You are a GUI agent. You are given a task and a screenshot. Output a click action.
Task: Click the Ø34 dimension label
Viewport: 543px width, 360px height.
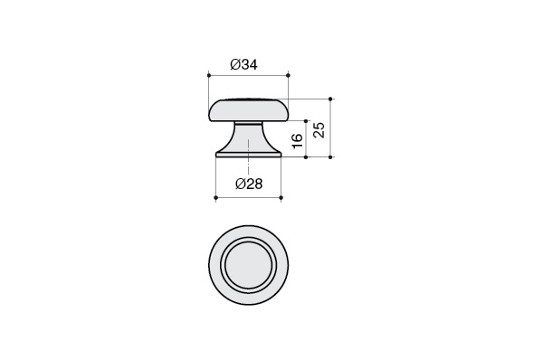click(x=244, y=64)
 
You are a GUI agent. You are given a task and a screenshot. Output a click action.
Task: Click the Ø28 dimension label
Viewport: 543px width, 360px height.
click(x=249, y=184)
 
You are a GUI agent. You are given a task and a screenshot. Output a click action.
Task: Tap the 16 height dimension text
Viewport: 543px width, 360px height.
click(x=298, y=140)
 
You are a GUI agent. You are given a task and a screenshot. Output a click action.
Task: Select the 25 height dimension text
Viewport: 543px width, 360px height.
click(x=319, y=130)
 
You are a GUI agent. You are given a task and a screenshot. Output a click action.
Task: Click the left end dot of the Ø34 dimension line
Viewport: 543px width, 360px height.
click(x=209, y=75)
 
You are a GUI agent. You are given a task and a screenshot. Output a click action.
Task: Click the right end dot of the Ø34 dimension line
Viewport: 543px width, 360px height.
click(x=289, y=75)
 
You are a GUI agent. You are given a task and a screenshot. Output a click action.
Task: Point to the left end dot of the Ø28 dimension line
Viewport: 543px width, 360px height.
click(x=215, y=198)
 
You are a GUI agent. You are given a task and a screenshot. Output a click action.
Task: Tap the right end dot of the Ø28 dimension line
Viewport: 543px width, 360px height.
click(x=281, y=198)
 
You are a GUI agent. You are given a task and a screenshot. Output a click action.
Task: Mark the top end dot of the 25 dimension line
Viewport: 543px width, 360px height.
click(x=330, y=99)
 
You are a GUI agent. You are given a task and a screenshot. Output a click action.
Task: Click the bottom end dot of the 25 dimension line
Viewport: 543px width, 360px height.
click(x=330, y=157)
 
